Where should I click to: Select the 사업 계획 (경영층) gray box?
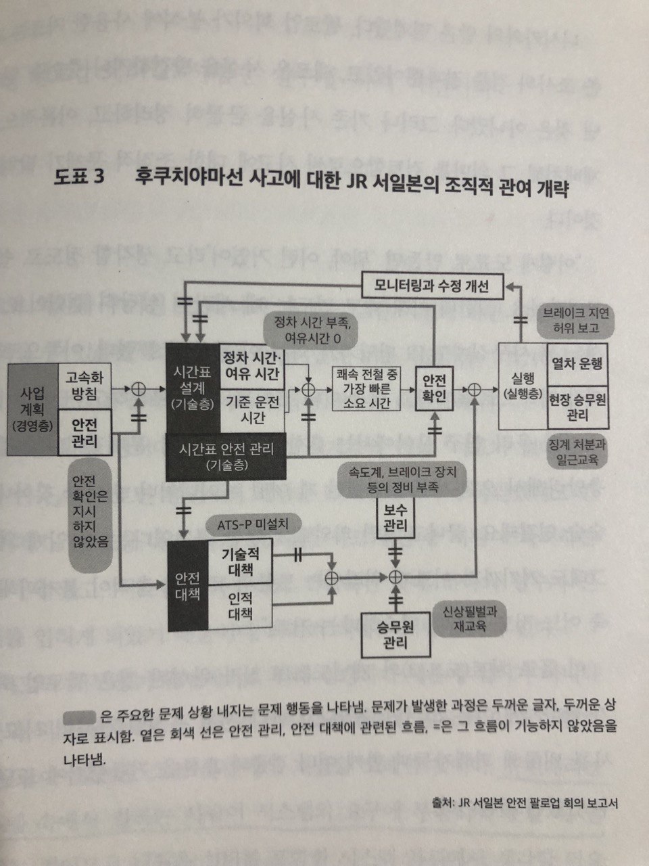click(x=33, y=409)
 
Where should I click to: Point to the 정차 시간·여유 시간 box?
click(x=251, y=366)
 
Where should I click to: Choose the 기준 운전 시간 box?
click(x=251, y=409)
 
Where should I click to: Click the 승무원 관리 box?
click(x=395, y=635)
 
